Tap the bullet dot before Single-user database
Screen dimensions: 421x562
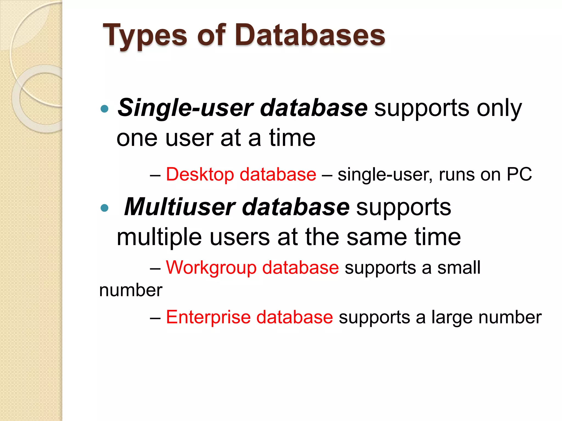(x=105, y=109)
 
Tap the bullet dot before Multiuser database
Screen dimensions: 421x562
(x=105, y=208)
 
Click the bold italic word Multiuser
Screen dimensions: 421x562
(x=179, y=207)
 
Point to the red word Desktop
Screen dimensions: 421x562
(x=200, y=174)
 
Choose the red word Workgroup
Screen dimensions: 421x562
(x=211, y=268)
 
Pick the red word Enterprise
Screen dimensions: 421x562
(x=208, y=317)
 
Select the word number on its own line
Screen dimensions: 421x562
(x=131, y=290)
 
